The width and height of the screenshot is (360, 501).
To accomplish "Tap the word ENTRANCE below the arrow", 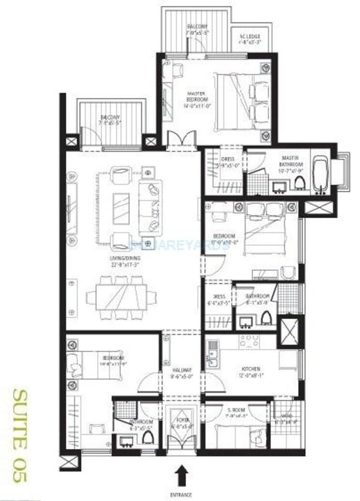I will tap(181, 495).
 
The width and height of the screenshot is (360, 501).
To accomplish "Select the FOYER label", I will tap(181, 424).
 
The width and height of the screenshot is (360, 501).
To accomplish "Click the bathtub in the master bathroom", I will tap(321, 173).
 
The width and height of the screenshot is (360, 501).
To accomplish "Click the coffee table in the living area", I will tap(121, 208).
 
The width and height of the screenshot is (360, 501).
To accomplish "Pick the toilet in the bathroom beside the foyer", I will tap(148, 437).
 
